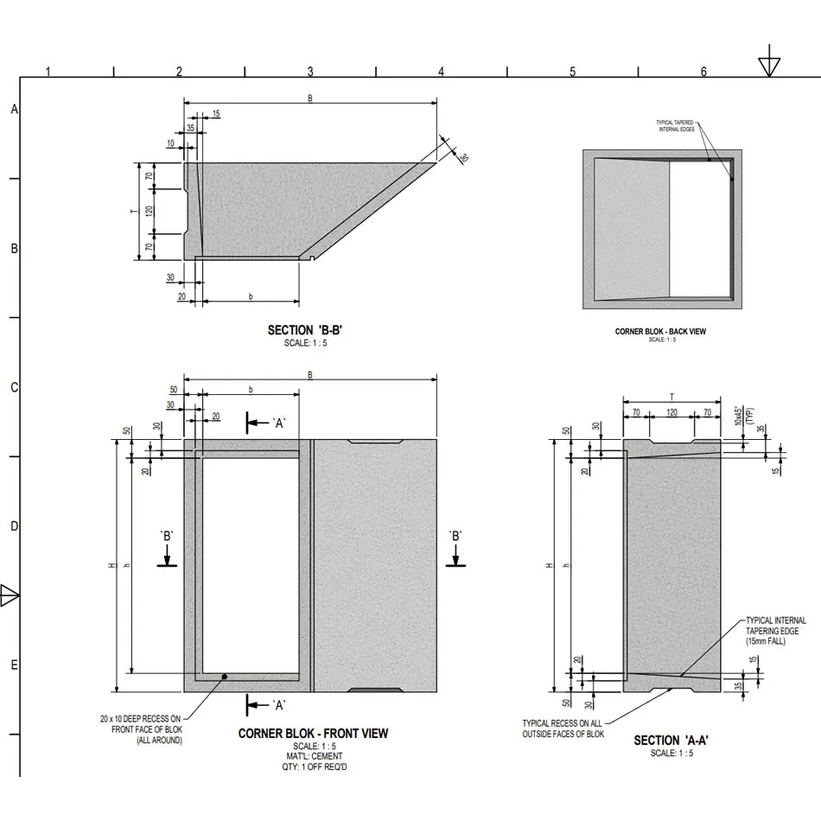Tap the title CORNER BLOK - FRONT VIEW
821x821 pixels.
coord(313,734)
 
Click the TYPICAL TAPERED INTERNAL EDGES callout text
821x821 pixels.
coord(675,126)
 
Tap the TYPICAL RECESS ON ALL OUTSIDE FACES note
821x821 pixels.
coord(563,729)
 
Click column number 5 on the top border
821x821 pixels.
coord(572,72)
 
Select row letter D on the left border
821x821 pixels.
coord(14,525)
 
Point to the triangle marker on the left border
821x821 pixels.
coord(10,595)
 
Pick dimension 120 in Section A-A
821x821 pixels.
coord(671,413)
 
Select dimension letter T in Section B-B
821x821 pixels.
coord(132,210)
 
